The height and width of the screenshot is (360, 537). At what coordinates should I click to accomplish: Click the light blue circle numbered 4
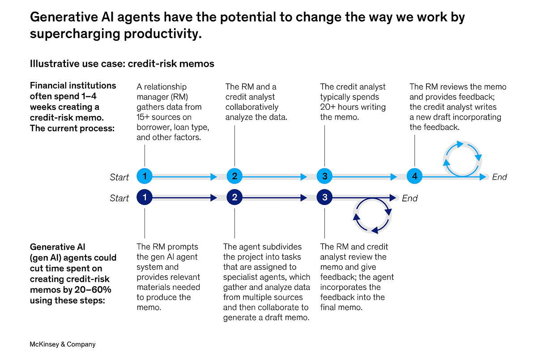415,176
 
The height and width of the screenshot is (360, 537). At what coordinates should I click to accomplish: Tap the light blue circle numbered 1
145,176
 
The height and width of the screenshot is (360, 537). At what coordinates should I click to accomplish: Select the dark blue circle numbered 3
324,197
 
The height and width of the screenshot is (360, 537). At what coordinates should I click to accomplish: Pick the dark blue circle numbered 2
234,197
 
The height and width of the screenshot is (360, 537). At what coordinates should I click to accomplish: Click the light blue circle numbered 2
234,176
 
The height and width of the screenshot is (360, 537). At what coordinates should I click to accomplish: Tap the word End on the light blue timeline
499,177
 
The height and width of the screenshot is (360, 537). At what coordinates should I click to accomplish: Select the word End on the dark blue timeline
409,198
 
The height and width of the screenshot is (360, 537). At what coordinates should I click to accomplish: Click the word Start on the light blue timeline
119,177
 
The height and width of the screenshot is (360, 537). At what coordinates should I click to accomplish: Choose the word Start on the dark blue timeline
119,198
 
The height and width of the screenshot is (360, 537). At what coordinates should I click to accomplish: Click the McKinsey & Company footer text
63,344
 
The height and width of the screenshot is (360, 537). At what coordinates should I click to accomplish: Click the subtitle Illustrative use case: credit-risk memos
122,64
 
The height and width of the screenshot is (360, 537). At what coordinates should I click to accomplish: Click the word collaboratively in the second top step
252,107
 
